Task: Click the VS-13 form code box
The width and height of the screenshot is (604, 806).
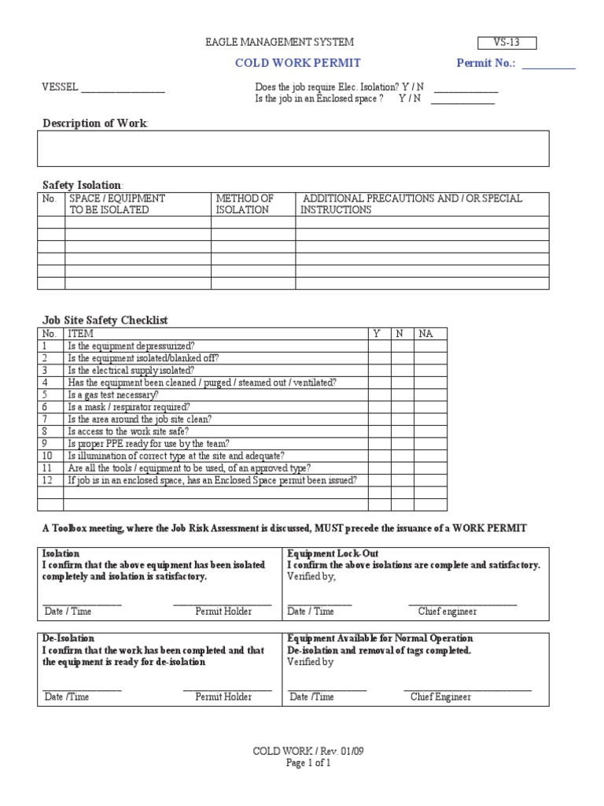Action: (x=507, y=43)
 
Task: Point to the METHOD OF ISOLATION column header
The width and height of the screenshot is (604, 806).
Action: (x=245, y=205)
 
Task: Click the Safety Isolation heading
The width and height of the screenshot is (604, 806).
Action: (x=82, y=184)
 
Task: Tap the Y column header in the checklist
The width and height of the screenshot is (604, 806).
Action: (x=377, y=334)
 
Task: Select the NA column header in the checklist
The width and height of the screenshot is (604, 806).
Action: (x=426, y=334)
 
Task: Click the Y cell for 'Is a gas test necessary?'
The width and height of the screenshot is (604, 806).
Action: (x=379, y=394)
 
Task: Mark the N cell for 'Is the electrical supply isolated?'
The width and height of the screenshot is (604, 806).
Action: (x=402, y=370)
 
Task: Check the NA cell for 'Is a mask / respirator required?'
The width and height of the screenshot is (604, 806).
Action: (x=429, y=407)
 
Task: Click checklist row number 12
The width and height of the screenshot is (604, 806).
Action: (x=46, y=480)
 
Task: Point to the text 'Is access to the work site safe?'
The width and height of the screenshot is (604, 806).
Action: (x=129, y=431)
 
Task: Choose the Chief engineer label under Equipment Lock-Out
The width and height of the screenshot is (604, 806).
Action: (x=447, y=612)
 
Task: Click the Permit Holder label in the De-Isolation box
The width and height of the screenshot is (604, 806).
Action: (x=224, y=697)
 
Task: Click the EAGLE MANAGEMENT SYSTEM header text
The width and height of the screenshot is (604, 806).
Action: (x=279, y=42)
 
